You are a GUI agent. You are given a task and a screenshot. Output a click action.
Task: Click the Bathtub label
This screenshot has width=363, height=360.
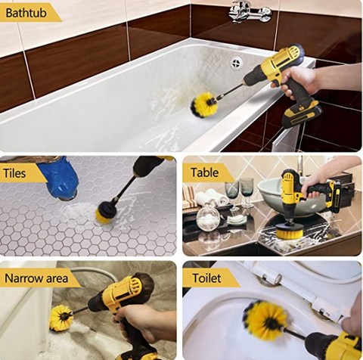click(26, 13)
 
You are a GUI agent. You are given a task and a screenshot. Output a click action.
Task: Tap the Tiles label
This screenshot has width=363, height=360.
click(14, 173)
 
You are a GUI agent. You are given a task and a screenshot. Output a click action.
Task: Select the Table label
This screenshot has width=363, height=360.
click(204, 172)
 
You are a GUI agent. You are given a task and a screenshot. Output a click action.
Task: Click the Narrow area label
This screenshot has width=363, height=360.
click(36, 278)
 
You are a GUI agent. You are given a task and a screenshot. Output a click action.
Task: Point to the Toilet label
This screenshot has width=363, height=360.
click(206, 278)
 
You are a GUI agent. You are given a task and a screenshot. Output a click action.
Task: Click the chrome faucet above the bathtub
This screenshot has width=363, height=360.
click(250, 11)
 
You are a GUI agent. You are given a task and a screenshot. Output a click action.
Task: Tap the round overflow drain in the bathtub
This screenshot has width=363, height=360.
click(237, 63)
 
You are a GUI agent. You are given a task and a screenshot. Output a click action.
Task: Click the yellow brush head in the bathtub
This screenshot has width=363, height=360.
click(203, 105)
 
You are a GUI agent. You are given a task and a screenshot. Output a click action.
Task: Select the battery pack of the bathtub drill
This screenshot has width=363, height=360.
click(302, 114)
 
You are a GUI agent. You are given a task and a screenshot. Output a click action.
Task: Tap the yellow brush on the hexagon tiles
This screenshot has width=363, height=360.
click(105, 213)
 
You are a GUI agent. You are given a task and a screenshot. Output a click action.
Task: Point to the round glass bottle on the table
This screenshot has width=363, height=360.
click(208, 217)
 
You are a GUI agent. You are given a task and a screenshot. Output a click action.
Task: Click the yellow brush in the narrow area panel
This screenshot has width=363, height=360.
click(60, 318)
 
